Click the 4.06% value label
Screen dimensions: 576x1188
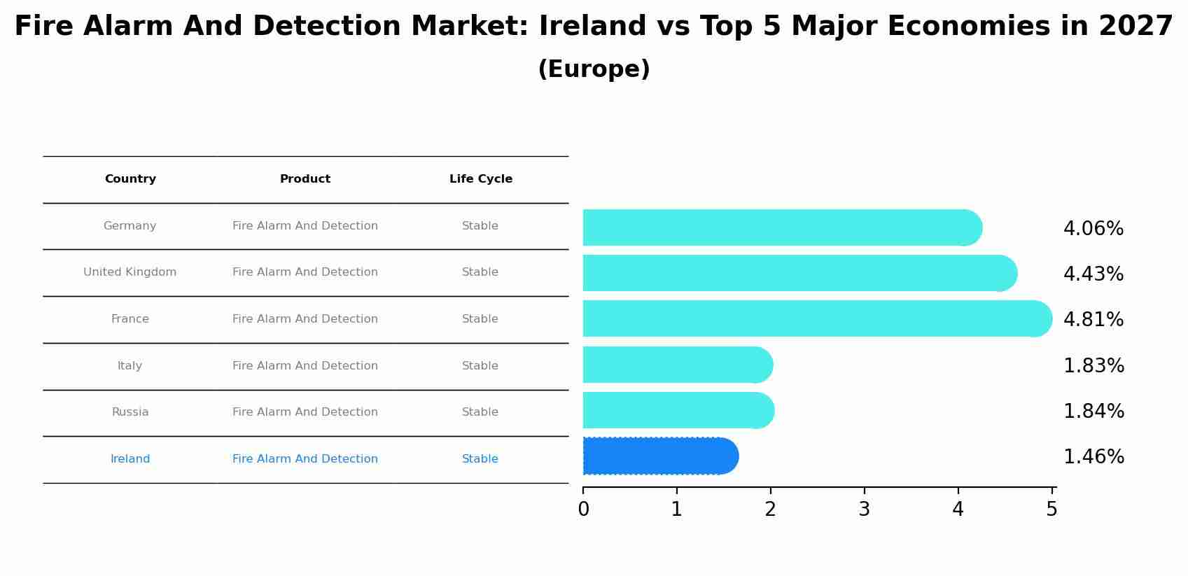pos(1093,229)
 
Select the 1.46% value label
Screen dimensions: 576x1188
pos(1093,457)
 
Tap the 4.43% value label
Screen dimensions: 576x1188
pos(1093,274)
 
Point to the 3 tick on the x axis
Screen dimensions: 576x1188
pos(864,510)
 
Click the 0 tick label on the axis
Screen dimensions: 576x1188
pos(583,510)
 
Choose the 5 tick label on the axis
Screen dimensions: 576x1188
pos(1051,510)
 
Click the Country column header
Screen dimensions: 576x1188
pos(130,179)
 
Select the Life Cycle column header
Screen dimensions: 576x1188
pos(480,179)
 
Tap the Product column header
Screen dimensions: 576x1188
pos(305,179)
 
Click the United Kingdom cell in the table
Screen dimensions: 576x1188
pos(130,272)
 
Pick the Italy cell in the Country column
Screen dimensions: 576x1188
pos(130,366)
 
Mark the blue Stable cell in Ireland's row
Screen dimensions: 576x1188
pos(480,459)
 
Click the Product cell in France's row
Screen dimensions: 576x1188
pos(305,319)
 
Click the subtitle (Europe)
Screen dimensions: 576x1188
pos(594,69)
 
